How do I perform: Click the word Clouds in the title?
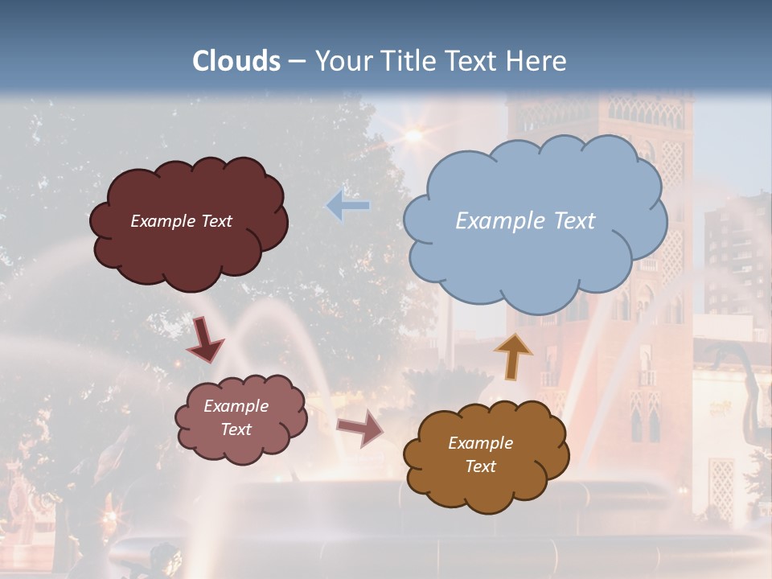[236, 61]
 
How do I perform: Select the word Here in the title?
[538, 61]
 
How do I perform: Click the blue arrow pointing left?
[347, 206]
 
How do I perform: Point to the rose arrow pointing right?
[360, 429]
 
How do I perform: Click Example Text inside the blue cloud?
[525, 221]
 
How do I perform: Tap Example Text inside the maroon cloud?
[181, 221]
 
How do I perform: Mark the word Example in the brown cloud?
[480, 443]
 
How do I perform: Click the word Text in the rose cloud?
[236, 429]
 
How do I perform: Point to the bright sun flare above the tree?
[413, 135]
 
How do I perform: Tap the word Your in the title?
[343, 61]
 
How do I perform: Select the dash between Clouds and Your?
[296, 61]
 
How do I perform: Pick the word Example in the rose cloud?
[236, 406]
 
